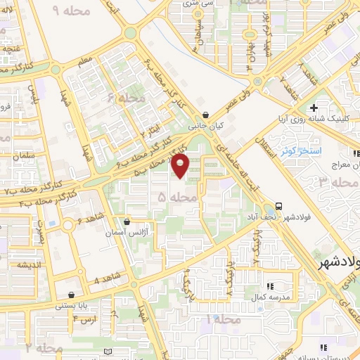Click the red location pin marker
[180, 166]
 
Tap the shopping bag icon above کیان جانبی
[205, 115]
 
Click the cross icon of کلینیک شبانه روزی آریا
[314, 108]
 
